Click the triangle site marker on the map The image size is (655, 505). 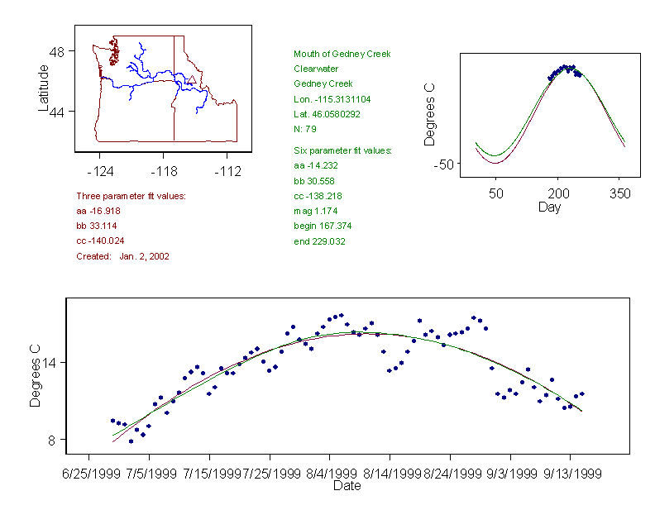point(192,80)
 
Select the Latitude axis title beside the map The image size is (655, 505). point(44,88)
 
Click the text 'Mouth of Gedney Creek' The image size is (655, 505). point(336,54)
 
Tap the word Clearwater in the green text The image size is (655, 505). point(315,69)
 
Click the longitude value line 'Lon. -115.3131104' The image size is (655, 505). point(332,99)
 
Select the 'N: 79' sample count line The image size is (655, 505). point(305,129)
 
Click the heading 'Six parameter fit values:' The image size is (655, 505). point(342,150)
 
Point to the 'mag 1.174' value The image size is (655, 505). point(312,211)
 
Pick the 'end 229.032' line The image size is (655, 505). point(319,241)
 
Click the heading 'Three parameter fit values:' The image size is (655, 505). point(131,196)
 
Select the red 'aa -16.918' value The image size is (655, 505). point(98,211)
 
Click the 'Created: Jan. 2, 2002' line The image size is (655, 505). point(122,256)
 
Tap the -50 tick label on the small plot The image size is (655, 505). point(445,164)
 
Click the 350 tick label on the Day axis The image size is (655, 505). point(619,193)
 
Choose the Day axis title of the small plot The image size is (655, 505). point(549,207)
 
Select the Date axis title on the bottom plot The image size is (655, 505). point(347,486)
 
